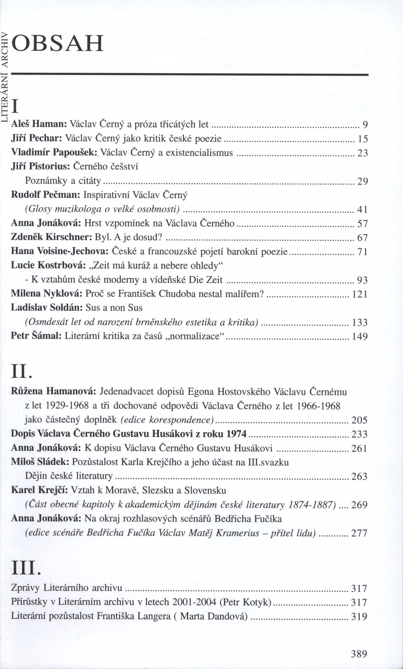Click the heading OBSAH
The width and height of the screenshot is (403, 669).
click(58, 43)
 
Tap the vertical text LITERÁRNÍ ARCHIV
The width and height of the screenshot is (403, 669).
click(5, 77)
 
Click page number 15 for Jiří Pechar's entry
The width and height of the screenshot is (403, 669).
click(362, 139)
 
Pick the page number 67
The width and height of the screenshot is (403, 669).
click(362, 238)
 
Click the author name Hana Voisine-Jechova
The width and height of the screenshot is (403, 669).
click(60, 251)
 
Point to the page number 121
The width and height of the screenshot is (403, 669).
click(359, 294)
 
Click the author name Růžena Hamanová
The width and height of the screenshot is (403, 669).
click(53, 392)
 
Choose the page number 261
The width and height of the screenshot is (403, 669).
click(359, 448)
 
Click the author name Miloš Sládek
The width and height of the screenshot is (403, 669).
click(40, 462)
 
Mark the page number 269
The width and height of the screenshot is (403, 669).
click(359, 505)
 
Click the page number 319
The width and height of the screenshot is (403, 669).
click(359, 617)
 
